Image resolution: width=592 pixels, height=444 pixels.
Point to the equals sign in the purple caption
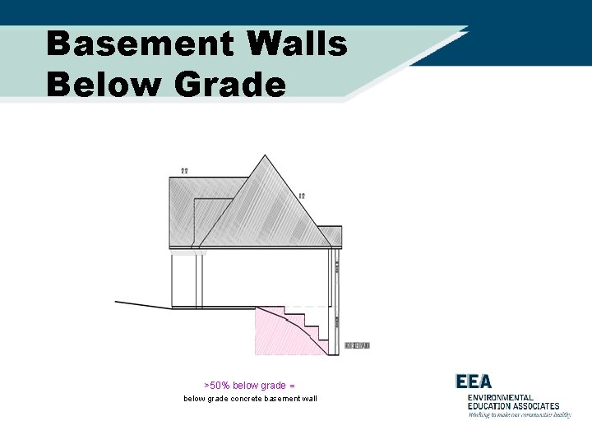292,385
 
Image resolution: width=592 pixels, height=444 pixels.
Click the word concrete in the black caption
241,399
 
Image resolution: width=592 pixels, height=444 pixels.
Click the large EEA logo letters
474,382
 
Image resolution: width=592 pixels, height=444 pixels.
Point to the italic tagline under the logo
520,415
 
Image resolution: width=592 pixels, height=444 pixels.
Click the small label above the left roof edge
184,170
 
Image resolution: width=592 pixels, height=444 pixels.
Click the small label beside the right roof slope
302,196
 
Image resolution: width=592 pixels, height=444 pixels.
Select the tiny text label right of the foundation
357,345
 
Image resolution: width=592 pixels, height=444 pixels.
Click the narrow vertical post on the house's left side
199,280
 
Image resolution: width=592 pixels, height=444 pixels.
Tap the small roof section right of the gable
330,236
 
